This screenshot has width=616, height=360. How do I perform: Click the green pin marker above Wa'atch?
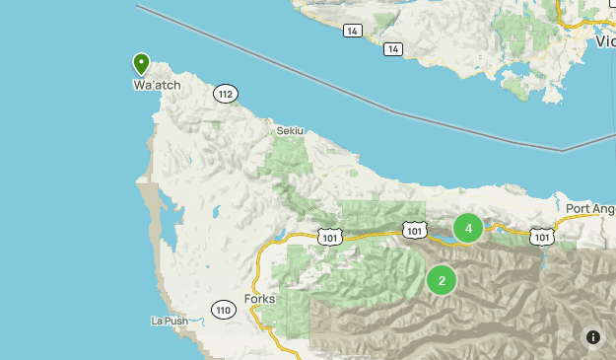142,64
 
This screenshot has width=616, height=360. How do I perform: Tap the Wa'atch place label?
157,86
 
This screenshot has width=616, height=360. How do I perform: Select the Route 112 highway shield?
226,94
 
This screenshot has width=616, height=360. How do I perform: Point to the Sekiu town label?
290,129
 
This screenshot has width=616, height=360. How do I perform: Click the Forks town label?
258,299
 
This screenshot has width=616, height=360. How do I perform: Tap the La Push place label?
169,321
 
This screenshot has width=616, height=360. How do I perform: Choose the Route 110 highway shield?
223,310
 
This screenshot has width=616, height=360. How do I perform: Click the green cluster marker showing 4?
468,229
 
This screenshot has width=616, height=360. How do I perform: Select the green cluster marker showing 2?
442,281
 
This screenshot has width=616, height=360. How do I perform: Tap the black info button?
593,337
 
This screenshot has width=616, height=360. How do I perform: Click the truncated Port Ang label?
590,209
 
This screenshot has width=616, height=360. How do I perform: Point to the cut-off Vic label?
604,41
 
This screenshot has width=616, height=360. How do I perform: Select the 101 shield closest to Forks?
329,237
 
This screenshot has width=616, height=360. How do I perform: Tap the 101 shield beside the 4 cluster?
415,231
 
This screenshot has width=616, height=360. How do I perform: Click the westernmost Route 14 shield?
352,31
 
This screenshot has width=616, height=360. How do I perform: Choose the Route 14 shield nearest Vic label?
393,48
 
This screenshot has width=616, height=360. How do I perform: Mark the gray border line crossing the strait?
394,108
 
